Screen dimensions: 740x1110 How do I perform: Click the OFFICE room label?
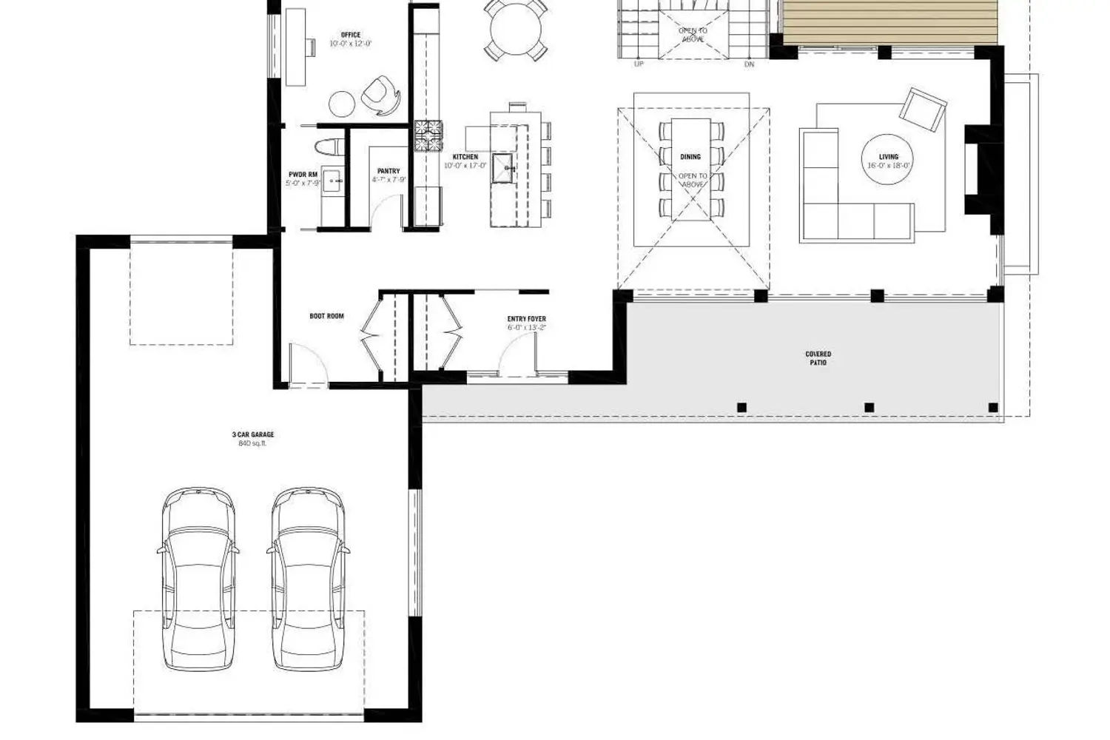tap(350, 35)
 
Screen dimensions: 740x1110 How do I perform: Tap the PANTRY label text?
tap(388, 171)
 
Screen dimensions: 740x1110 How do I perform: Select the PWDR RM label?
tap(303, 175)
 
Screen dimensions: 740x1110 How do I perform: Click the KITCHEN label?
tap(465, 157)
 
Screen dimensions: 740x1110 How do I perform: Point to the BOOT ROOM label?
tap(326, 316)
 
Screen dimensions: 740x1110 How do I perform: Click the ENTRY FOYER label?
tap(527, 319)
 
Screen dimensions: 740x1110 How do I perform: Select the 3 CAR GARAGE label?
tap(252, 434)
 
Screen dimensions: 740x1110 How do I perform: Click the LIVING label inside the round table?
tap(889, 157)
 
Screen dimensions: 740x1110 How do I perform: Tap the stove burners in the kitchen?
tap(428, 134)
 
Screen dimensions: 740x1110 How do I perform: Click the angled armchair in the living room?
tap(923, 109)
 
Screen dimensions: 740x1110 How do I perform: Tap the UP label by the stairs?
tap(639, 64)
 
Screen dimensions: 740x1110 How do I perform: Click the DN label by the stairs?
tap(749, 64)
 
